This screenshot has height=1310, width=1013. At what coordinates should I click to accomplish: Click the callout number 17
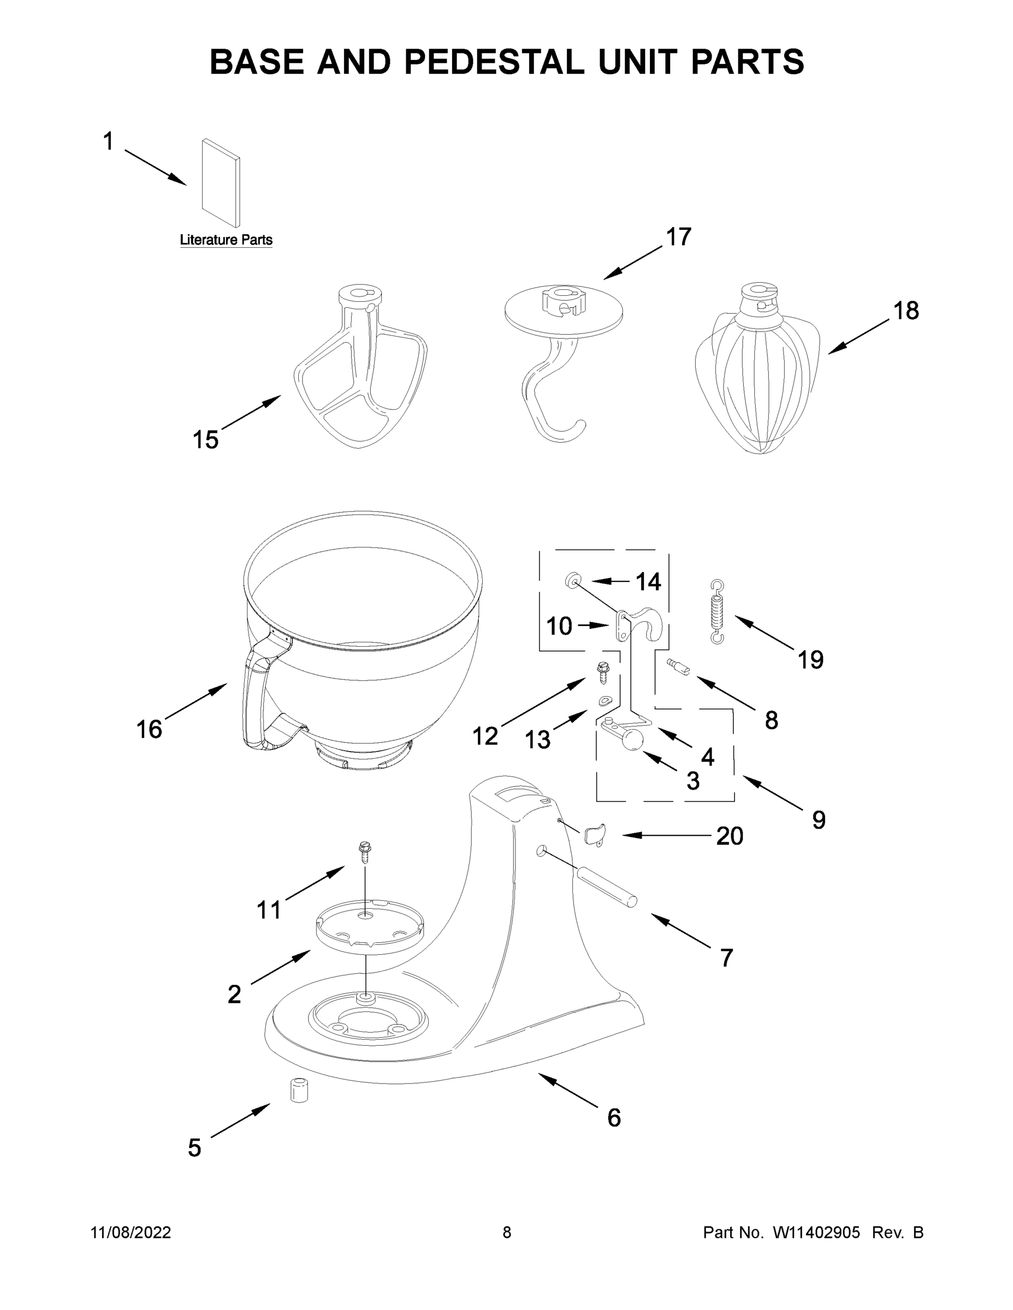tap(679, 237)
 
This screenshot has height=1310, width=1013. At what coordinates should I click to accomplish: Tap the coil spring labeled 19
tap(717, 612)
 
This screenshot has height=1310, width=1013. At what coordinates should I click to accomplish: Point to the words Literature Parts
tap(226, 240)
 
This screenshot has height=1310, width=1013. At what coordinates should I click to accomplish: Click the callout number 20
tap(730, 836)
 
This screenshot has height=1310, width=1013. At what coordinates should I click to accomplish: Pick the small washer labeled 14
tap(573, 580)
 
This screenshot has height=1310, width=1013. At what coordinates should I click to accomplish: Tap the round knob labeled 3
tap(631, 741)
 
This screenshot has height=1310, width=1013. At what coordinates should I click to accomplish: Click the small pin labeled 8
tap(678, 666)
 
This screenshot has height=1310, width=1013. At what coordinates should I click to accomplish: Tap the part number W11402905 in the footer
tap(816, 1232)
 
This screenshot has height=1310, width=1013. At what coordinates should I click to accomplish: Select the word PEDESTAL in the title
tap(494, 61)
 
